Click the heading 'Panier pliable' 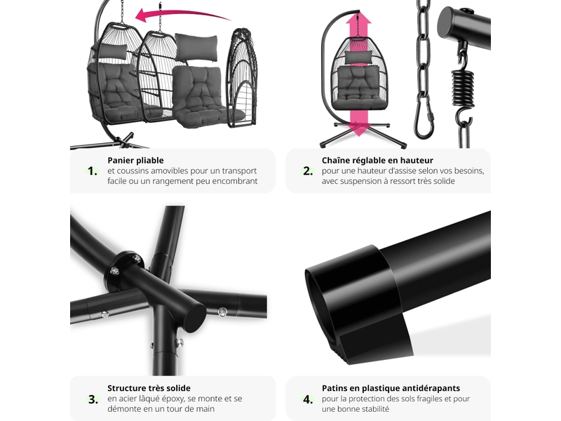coord(135,161)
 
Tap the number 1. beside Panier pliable coord(93,171)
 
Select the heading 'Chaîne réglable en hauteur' coord(377,161)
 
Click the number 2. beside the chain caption coord(308,171)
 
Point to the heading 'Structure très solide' coord(149,388)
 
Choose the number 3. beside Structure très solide coord(93,399)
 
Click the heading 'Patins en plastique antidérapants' coord(391,388)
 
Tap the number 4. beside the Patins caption coord(308,399)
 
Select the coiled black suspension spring coord(464,88)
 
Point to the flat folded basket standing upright coord(241,77)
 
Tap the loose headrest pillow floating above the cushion coord(196,48)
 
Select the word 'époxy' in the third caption coord(177,399)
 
